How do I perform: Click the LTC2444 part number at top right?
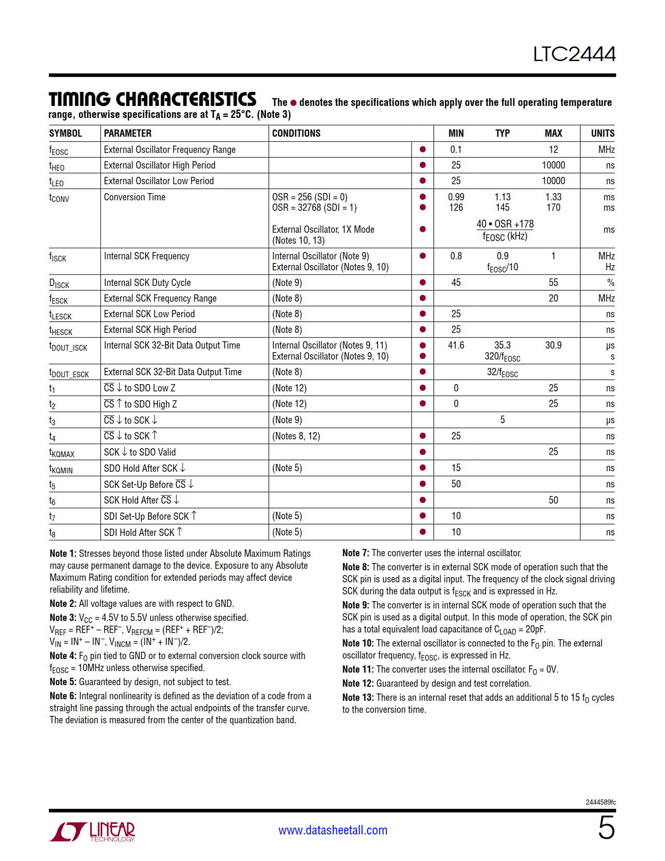point(574,54)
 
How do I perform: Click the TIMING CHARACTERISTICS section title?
point(152,99)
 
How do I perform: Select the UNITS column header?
point(602,133)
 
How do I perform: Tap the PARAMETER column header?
point(128,133)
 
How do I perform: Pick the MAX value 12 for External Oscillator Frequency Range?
point(553,150)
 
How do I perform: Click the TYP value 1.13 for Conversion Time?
point(502,197)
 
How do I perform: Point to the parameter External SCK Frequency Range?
point(160,298)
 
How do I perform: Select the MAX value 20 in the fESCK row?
point(553,298)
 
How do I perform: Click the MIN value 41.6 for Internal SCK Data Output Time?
point(456,345)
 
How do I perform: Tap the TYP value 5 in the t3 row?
point(502,420)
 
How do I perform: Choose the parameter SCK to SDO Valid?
point(140,452)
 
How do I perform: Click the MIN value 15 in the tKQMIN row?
point(456,468)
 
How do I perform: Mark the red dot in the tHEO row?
point(422,165)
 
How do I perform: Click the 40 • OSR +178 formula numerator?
point(505,224)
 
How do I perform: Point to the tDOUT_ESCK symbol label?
point(69,373)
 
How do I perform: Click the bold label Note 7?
point(355,553)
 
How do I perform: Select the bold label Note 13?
point(358,698)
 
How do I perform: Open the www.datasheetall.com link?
point(333,830)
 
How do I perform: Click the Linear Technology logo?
point(92,831)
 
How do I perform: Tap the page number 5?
point(606,828)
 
